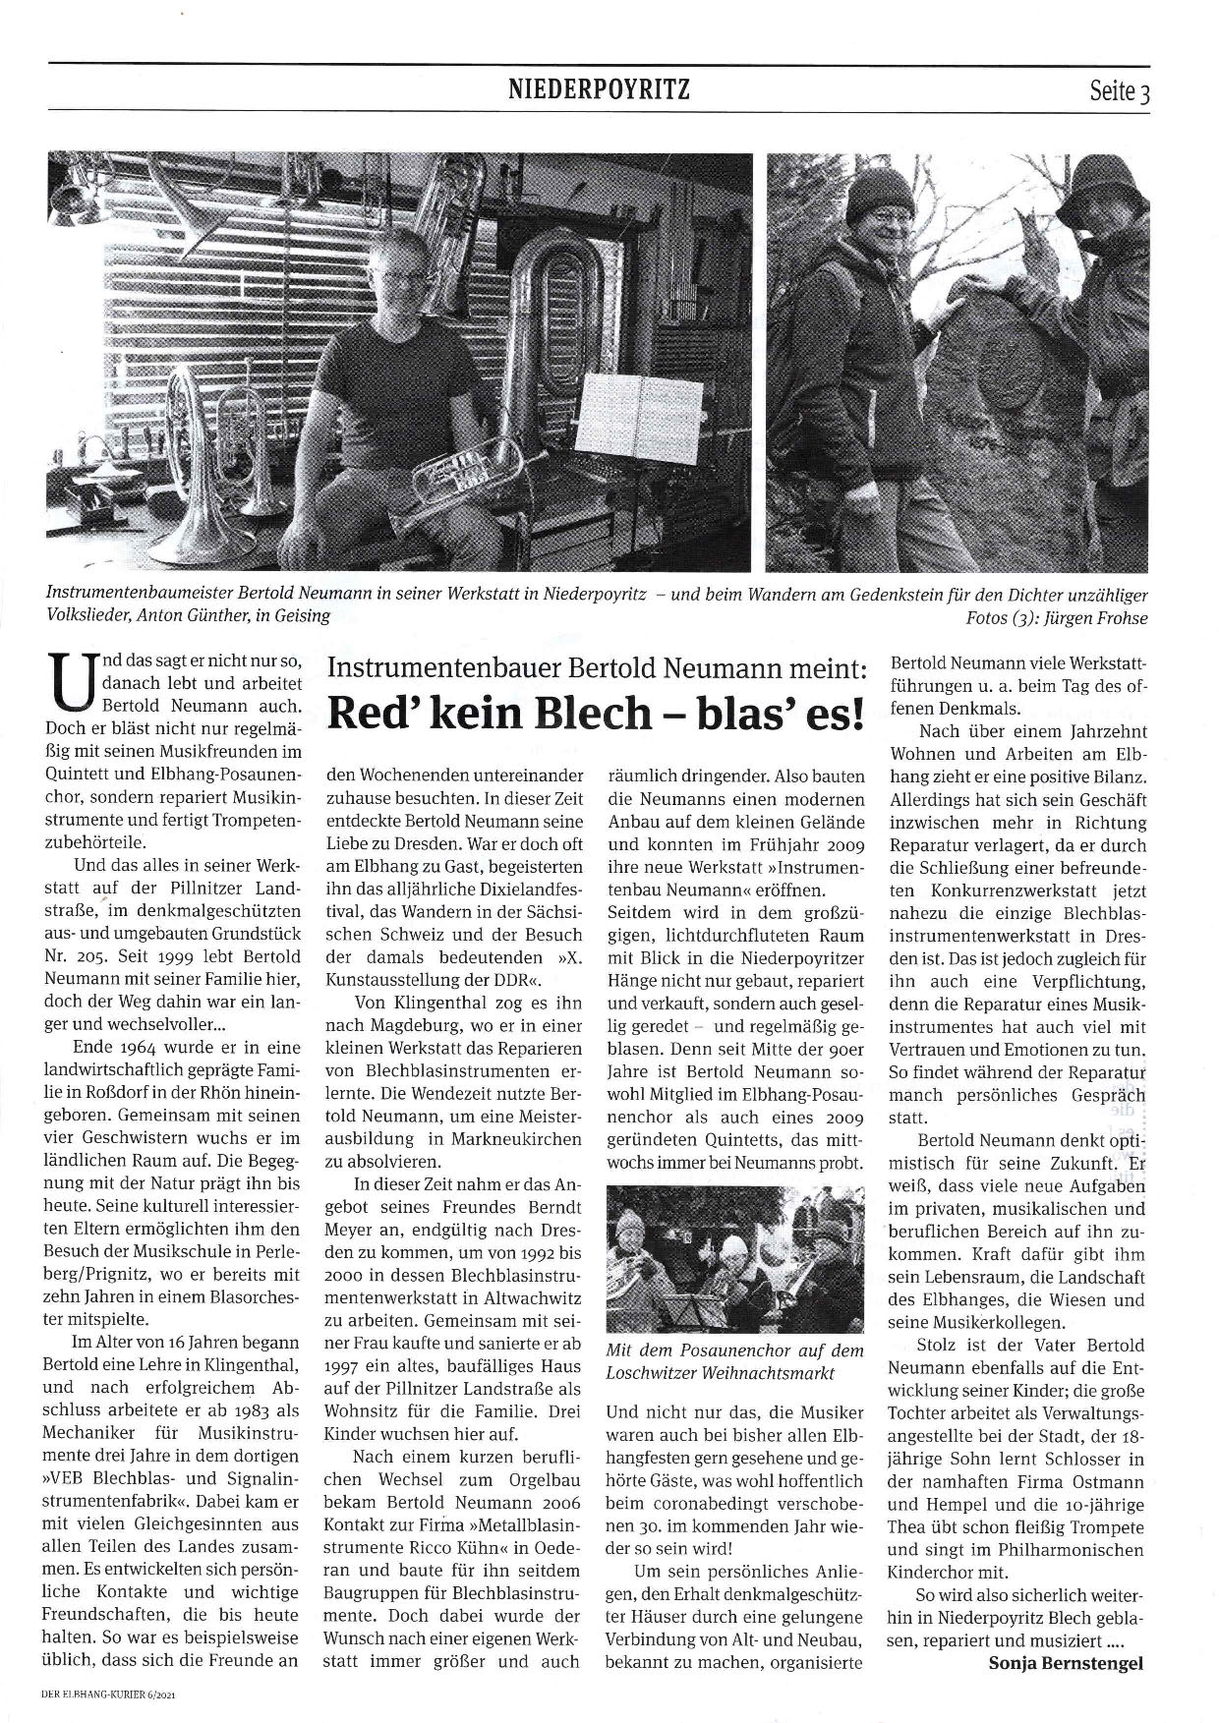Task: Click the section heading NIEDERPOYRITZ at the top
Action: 599,91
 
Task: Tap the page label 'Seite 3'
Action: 1119,93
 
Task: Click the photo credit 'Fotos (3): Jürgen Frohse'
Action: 1057,619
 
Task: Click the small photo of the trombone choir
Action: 736,1258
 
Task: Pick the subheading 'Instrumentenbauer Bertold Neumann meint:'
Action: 596,671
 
